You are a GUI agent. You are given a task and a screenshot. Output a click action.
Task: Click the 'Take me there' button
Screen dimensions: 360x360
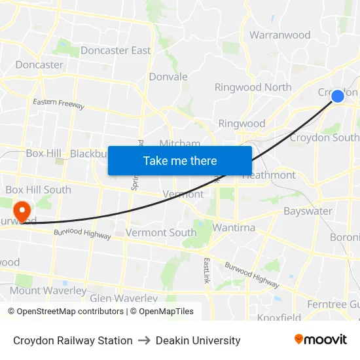point(180,160)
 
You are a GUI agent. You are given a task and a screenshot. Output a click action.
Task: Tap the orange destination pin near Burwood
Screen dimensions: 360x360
point(22,211)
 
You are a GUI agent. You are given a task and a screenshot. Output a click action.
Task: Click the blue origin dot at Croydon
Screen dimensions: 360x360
point(338,96)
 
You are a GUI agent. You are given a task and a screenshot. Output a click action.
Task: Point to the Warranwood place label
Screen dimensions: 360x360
point(279,35)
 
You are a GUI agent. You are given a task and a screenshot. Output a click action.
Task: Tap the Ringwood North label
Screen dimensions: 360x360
point(253,87)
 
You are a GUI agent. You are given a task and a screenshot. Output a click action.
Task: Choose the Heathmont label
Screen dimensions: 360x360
point(269,175)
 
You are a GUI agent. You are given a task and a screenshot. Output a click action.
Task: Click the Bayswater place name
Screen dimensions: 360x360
point(308,211)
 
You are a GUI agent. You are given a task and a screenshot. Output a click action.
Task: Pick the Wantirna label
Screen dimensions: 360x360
point(234,228)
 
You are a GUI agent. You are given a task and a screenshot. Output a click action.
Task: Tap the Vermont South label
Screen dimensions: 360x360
point(160,232)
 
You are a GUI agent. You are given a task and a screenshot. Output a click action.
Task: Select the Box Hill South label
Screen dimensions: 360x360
point(38,190)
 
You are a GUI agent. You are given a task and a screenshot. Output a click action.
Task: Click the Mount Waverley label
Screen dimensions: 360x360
point(48,291)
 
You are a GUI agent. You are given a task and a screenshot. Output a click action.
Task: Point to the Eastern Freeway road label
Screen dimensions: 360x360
point(59,103)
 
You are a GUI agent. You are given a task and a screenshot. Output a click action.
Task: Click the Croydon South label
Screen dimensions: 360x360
point(324,137)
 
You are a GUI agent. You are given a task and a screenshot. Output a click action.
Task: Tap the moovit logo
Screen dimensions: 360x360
point(320,339)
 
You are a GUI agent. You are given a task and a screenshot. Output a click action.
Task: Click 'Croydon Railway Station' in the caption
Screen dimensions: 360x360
point(73,340)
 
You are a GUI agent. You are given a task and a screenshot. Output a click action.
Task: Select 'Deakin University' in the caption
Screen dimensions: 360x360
point(198,340)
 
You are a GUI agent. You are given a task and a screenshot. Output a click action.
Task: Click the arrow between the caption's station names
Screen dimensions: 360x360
point(144,340)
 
